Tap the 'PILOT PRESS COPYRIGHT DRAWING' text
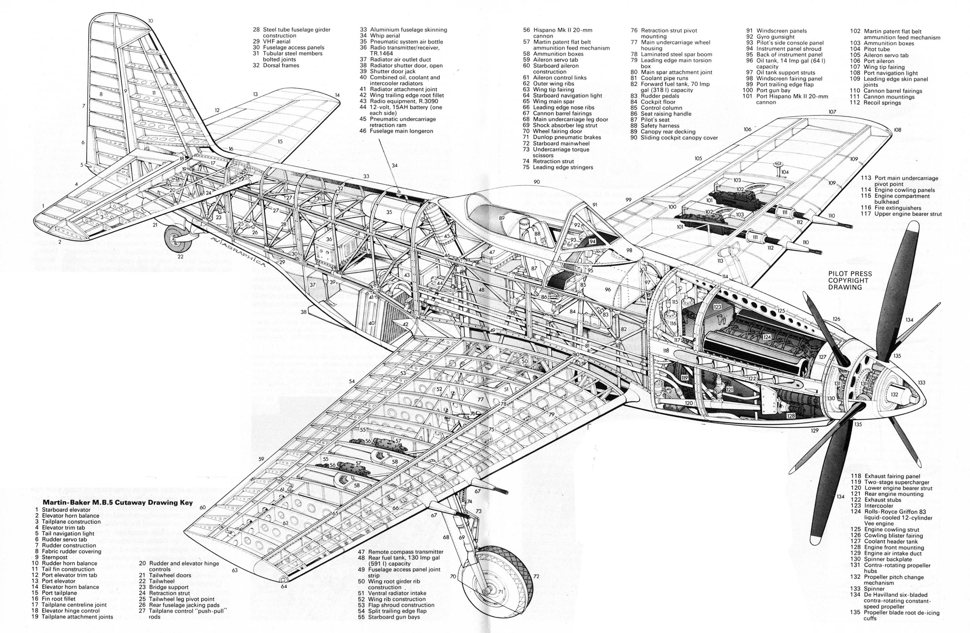point(850,281)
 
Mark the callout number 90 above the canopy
point(536,182)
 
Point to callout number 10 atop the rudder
point(150,21)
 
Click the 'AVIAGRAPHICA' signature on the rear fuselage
point(238,249)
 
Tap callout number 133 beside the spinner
point(933,383)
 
